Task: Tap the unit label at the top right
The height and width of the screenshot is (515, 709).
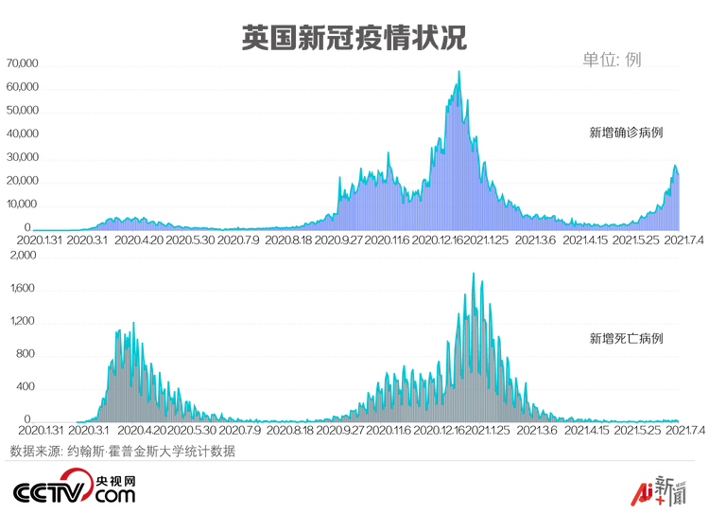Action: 613,60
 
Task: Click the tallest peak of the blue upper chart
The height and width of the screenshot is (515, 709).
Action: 458,73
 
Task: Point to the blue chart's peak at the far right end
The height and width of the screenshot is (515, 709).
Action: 675,166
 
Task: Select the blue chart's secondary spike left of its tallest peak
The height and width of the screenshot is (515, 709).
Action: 388,152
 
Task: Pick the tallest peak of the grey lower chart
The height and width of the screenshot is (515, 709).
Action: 474,275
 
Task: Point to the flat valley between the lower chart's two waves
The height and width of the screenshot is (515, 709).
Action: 274,419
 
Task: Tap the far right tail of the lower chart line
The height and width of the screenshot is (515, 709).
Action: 677,417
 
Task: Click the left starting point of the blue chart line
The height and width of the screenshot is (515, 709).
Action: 34,229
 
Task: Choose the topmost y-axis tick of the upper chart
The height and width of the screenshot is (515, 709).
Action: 33,67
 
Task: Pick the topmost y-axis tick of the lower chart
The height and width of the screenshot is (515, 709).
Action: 33,258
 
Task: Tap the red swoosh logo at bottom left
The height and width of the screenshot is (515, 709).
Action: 75,486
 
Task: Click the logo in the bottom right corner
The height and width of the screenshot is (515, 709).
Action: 655,490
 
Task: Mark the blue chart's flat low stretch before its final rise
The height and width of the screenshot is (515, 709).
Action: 605,224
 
